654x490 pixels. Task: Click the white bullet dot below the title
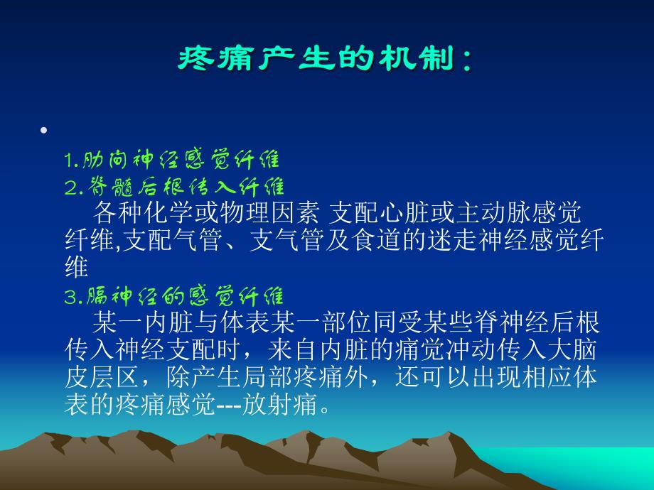point(45,131)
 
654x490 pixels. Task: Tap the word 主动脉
point(503,213)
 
